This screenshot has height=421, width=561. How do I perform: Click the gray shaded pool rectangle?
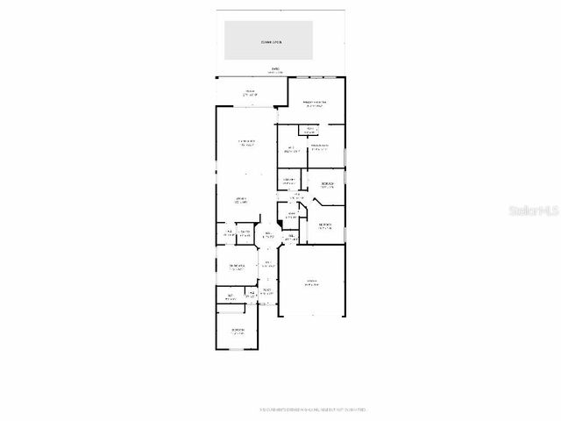click(269, 40)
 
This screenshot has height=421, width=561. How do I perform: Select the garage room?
click(311, 282)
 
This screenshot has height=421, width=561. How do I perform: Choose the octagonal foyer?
click(268, 235)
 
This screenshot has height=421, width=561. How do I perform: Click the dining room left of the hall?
click(238, 267)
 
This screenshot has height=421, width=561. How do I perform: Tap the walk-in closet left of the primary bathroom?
click(290, 148)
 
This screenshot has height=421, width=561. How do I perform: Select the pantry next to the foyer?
click(245, 232)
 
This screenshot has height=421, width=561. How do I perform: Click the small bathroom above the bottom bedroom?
click(231, 296)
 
